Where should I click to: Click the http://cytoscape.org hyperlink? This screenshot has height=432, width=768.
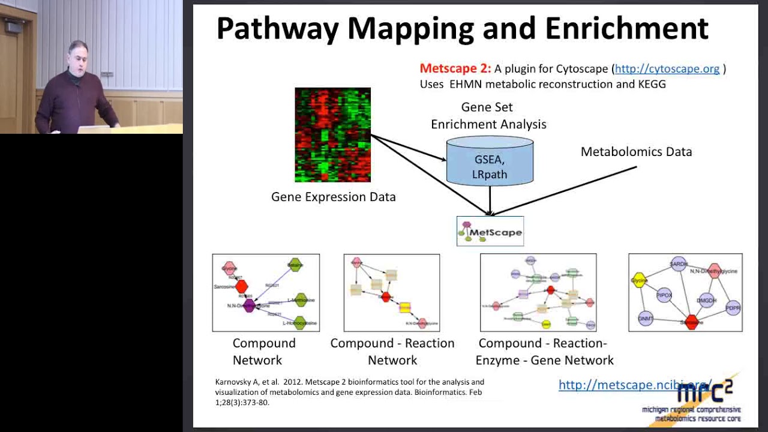pyautogui.click(x=667, y=68)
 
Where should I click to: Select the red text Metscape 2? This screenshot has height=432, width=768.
pyautogui.click(x=455, y=68)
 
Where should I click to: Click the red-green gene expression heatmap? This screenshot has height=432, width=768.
pyautogui.click(x=332, y=134)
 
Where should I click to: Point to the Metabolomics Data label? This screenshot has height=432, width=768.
pyautogui.click(x=636, y=152)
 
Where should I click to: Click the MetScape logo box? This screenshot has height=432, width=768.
pyautogui.click(x=490, y=232)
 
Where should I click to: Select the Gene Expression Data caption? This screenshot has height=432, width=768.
pyautogui.click(x=333, y=197)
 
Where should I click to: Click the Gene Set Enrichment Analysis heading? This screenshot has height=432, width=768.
pyautogui.click(x=488, y=116)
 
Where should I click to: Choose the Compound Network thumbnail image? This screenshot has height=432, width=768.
pyautogui.click(x=266, y=293)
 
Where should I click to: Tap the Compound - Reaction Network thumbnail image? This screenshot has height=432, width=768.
pyautogui.click(x=391, y=293)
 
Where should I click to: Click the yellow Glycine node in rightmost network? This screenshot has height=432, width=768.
pyautogui.click(x=640, y=280)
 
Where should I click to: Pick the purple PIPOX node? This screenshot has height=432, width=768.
pyautogui.click(x=664, y=295)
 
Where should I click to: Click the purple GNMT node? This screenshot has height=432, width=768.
pyautogui.click(x=646, y=319)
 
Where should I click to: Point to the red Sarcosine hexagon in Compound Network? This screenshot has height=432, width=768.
pyautogui.click(x=241, y=287)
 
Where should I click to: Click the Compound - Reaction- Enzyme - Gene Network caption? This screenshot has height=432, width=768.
pyautogui.click(x=544, y=352)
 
